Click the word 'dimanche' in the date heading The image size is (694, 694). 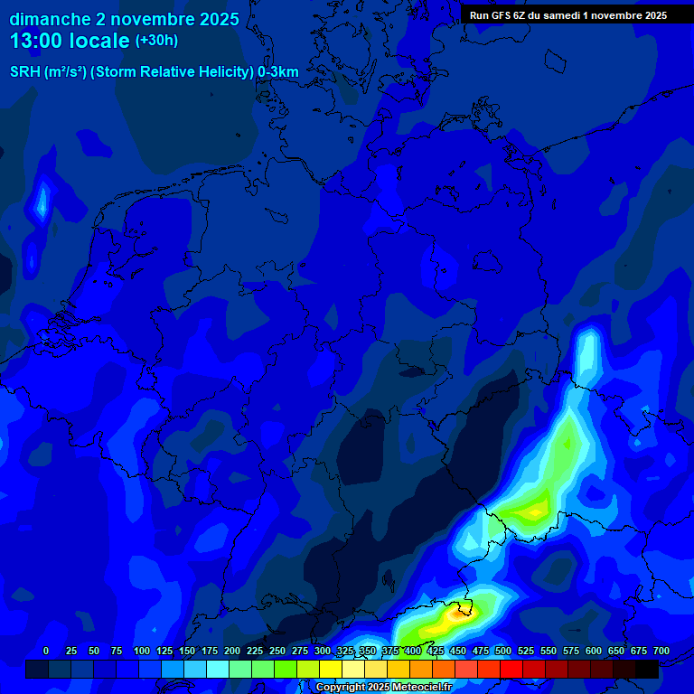point(50,19)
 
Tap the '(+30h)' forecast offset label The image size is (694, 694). point(156,41)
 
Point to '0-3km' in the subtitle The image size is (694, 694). point(278,72)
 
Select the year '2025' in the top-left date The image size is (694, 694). point(216,19)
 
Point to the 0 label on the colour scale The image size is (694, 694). point(46,651)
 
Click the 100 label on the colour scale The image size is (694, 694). point(142,651)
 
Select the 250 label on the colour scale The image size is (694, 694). point(277,651)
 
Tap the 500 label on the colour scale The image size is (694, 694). point(503,651)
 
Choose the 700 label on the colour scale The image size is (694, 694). point(661,651)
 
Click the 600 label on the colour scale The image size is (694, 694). point(594,651)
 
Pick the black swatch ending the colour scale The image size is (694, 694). point(647,670)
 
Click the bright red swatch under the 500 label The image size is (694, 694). point(511,670)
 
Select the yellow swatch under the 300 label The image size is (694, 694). point(331,670)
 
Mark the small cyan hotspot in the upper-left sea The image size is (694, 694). point(41,203)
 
